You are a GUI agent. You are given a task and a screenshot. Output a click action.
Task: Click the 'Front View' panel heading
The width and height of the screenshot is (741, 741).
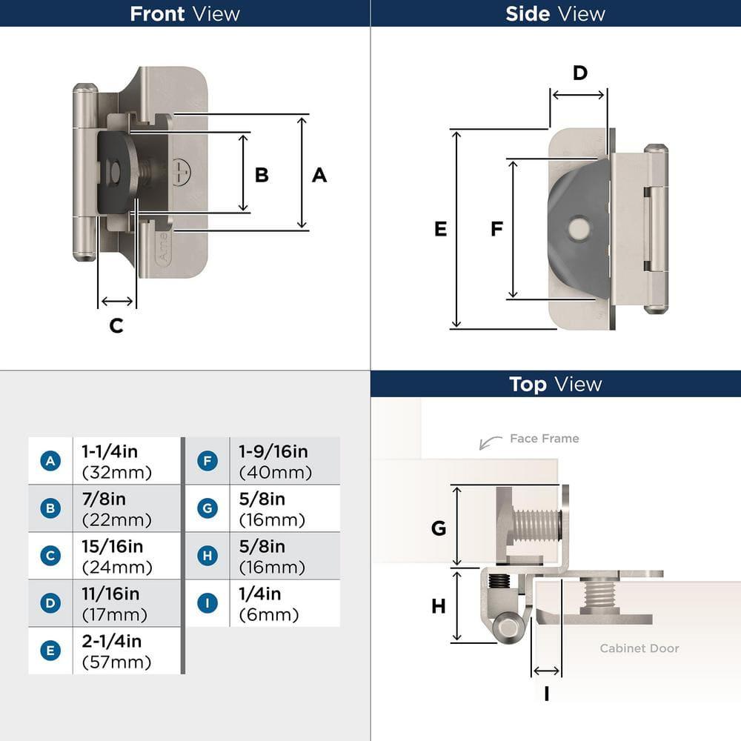pos(185,13)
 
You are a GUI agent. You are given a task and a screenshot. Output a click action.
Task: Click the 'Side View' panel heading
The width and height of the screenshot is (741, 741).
pos(555,13)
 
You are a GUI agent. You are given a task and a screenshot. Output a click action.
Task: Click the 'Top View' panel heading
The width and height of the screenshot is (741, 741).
pos(555,384)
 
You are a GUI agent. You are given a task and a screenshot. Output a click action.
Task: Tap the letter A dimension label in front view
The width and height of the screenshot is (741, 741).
pos(319,175)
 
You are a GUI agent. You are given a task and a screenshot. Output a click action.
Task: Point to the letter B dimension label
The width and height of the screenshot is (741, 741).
pos(262,175)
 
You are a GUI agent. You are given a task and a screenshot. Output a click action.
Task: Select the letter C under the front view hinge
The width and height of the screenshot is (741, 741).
pos(116,325)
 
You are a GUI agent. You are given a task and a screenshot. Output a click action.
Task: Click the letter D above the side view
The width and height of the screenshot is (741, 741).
pos(580,73)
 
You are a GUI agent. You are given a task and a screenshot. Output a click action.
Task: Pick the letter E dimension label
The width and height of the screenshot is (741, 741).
pos(440,230)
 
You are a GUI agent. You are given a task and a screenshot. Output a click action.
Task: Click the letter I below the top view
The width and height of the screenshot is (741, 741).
pos(546,694)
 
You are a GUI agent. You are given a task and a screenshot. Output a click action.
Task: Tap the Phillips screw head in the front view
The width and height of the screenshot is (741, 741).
pos(182,171)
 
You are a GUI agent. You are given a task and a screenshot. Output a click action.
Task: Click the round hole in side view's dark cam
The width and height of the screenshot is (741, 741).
pos(577,227)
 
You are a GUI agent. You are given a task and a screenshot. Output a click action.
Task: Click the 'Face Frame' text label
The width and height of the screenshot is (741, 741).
pos(544,439)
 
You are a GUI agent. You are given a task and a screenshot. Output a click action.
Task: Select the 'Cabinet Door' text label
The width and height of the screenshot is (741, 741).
pos(639,648)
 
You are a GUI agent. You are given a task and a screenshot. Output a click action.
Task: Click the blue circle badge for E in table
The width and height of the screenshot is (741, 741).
pos(50,651)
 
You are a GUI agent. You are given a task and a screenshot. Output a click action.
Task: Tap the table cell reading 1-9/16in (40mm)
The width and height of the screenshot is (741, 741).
pos(274,461)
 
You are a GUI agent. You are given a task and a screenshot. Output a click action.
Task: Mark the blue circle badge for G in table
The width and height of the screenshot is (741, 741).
pos(207,508)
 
